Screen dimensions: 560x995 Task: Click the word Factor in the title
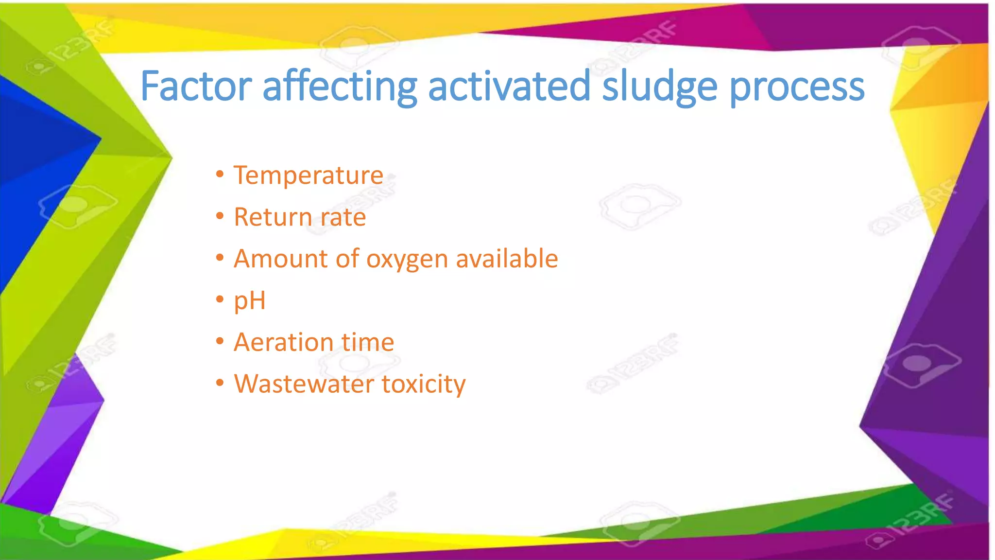[195, 87]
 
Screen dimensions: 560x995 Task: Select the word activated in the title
[509, 87]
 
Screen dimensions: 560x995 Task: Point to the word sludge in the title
[659, 87]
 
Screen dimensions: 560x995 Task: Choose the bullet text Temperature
[309, 175]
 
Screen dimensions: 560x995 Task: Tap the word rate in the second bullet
[343, 218]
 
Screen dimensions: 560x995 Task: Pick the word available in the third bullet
[507, 258]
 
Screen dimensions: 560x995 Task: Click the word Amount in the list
[279, 259]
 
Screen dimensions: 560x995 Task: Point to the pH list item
[250, 301]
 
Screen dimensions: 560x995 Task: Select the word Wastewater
[304, 384]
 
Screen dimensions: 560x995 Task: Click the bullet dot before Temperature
[220, 174]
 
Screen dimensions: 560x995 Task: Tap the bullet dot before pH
[220, 299]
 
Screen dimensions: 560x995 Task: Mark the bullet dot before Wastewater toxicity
[220, 383]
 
